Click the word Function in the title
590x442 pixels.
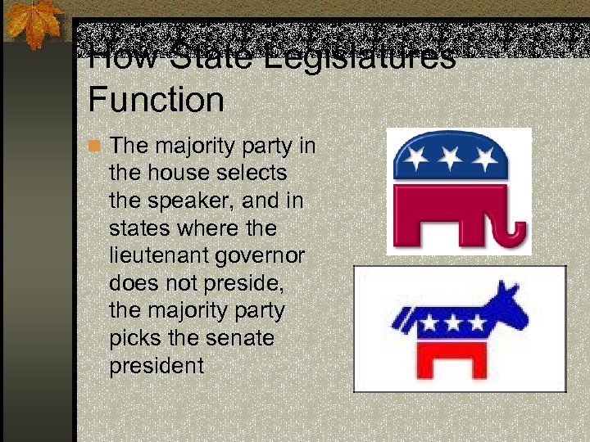156,101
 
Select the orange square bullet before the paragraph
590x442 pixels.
94,147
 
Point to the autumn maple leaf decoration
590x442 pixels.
34,24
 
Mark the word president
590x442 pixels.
156,366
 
